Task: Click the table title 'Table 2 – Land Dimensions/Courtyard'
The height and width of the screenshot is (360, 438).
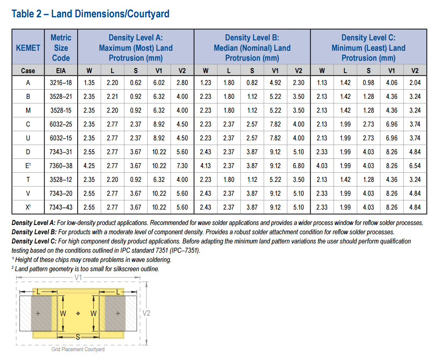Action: (x=90, y=14)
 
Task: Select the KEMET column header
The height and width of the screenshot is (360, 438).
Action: (x=28, y=48)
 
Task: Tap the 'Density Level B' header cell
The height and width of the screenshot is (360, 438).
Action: (x=252, y=48)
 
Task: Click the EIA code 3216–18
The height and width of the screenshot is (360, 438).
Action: (x=61, y=83)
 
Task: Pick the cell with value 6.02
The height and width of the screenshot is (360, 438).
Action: (x=159, y=83)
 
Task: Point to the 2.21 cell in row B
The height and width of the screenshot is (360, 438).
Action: (x=112, y=97)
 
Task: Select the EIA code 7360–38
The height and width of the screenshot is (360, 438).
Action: (x=61, y=166)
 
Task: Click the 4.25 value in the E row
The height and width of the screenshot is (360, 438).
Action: (x=89, y=166)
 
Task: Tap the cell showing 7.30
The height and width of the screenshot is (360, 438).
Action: (x=182, y=166)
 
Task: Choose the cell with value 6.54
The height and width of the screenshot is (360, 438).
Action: (x=415, y=166)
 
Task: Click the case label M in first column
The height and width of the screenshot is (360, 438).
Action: (x=28, y=110)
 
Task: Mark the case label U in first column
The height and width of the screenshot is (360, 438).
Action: (x=28, y=138)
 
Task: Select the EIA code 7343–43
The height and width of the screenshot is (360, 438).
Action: (x=61, y=207)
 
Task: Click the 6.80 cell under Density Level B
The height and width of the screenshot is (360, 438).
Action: (x=298, y=166)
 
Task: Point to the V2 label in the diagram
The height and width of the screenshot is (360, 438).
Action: (x=146, y=313)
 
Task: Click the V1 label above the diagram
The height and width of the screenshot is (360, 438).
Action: (x=78, y=277)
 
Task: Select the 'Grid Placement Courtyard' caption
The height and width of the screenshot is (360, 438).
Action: (x=78, y=349)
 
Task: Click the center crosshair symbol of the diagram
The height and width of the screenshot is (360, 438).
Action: (x=78, y=313)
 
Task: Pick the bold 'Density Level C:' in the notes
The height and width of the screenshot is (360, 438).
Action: (x=34, y=241)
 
